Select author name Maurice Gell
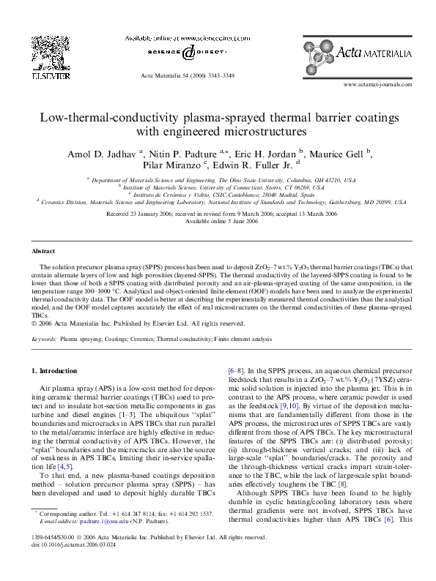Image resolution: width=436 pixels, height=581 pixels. (340, 154)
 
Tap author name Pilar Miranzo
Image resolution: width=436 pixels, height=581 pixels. (178, 166)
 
